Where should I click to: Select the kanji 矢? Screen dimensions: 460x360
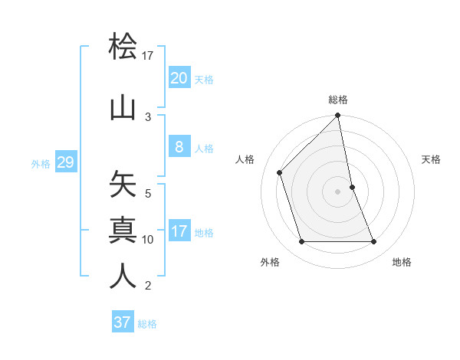coord(123,185)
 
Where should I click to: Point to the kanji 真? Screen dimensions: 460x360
coord(123,230)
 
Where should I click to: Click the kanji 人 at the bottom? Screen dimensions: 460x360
coord(123,276)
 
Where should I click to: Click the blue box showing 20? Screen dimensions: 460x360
coord(179,78)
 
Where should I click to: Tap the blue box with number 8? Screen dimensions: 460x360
coord(179,148)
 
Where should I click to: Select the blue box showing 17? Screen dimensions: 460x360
coord(179,231)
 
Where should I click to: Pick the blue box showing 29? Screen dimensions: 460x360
coord(65,162)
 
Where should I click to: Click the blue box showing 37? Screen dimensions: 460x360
coord(123,322)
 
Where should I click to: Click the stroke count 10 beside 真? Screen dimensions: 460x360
coord(148,240)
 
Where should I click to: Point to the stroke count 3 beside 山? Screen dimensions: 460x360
coord(148,116)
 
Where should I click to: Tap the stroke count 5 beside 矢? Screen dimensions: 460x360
coord(148,194)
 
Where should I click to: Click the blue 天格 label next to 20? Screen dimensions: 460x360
coord(204,80)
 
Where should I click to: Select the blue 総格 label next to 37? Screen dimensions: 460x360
coord(147,324)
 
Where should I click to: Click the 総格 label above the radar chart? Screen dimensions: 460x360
coord(338,100)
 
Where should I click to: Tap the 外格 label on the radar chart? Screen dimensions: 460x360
coord(270,262)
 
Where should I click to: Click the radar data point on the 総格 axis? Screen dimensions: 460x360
coord(338,116)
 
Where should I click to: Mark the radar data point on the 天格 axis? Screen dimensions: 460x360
coord(352,187)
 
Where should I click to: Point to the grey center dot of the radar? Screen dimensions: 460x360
coord(338,191)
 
